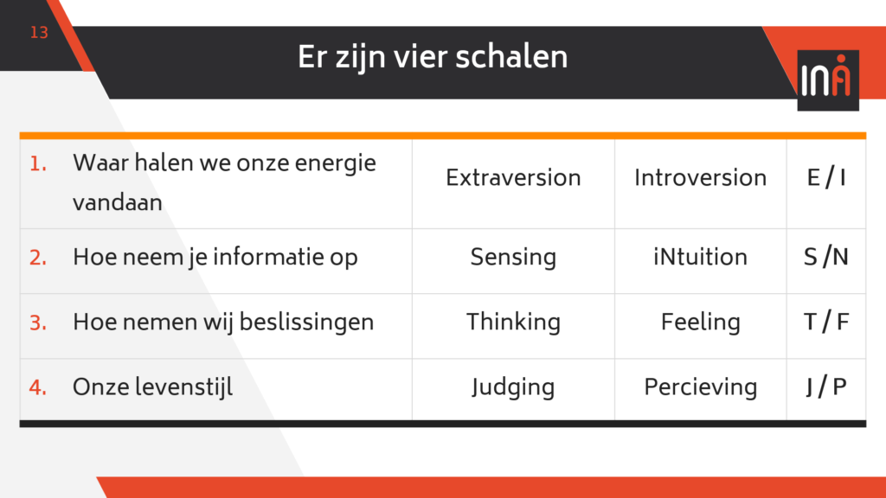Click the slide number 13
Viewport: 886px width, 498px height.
pos(39,33)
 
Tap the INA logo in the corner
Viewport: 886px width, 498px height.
pos(828,80)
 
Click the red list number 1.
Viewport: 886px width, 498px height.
pos(38,163)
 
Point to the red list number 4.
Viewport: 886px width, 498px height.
pos(38,388)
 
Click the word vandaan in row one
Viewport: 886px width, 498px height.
pos(118,202)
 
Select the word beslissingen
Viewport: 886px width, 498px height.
pos(307,322)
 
